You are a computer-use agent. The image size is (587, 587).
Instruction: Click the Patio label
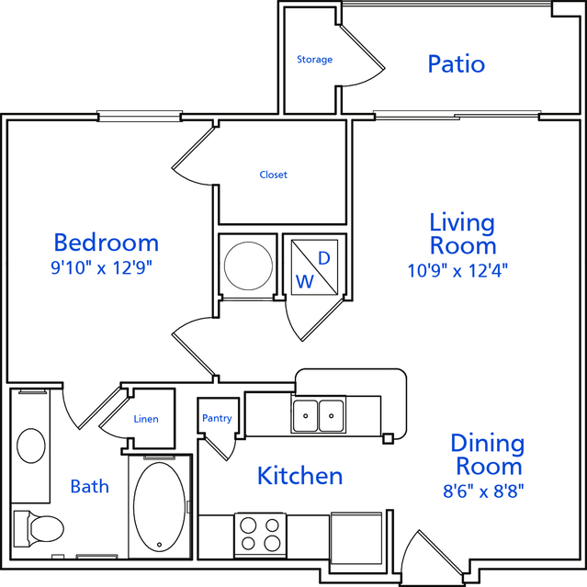(x=456, y=64)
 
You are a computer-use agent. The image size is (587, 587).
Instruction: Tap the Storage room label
(x=314, y=60)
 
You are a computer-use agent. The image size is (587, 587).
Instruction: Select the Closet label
(x=273, y=175)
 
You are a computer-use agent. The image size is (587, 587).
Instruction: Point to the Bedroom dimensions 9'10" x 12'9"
(x=101, y=268)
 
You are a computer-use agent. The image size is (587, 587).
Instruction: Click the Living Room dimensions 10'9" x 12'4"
(x=457, y=271)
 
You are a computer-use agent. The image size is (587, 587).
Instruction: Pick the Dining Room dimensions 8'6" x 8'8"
(x=483, y=491)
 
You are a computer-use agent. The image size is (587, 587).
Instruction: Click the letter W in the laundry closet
(x=305, y=281)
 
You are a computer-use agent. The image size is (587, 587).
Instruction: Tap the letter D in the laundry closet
(x=324, y=258)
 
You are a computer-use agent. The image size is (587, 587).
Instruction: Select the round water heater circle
(x=248, y=265)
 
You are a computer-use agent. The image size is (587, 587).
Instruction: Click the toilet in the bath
(x=39, y=528)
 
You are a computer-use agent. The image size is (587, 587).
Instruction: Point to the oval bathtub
(x=160, y=507)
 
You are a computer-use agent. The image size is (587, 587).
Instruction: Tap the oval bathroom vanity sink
(x=31, y=446)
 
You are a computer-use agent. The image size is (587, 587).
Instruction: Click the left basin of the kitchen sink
(x=306, y=415)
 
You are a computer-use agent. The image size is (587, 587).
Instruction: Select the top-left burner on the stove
(x=248, y=525)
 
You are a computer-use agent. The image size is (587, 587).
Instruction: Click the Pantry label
(x=217, y=418)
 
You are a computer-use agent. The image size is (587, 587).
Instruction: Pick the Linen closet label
(x=146, y=419)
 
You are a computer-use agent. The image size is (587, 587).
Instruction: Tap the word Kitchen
(x=299, y=476)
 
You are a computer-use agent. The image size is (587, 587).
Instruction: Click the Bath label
(x=90, y=487)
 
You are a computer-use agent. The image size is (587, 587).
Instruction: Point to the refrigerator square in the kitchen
(x=356, y=538)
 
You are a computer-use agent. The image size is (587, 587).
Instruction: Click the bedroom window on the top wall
(x=140, y=116)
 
